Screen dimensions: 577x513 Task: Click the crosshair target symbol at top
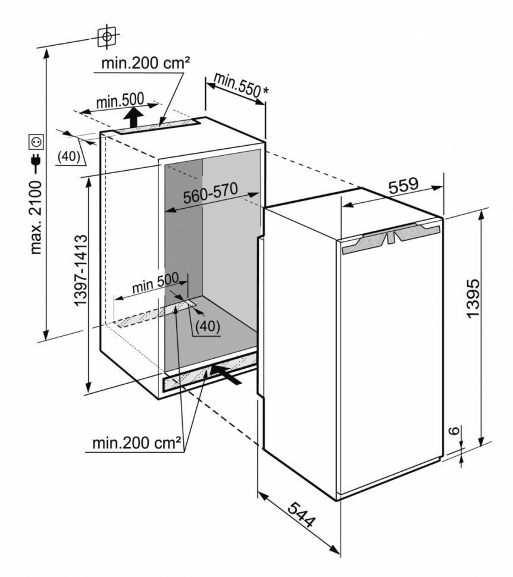tap(107, 36)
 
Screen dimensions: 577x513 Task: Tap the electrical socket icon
tap(36, 142)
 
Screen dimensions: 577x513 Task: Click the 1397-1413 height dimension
tap(81, 270)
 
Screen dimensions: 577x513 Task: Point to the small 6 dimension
tap(453, 432)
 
